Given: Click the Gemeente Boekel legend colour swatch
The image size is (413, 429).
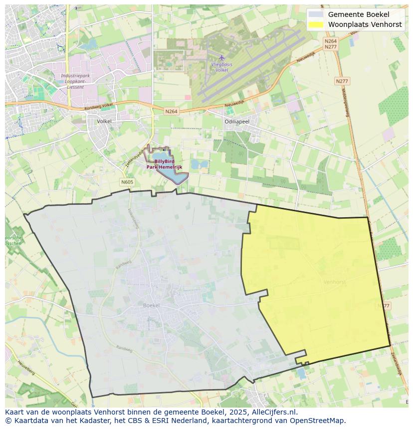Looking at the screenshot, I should (316, 14).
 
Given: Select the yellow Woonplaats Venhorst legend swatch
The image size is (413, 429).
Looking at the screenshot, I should (316, 24).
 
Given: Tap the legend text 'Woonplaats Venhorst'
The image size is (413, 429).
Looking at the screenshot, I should (365, 24).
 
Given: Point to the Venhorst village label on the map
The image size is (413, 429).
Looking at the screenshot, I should (334, 282).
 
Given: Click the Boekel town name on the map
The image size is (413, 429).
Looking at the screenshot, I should (151, 305).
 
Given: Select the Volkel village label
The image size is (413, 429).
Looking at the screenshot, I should (104, 121).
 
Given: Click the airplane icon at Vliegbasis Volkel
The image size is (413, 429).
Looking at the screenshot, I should (222, 57).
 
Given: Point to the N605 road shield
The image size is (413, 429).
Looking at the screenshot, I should (127, 182).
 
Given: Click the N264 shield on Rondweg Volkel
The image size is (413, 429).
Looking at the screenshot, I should (171, 112).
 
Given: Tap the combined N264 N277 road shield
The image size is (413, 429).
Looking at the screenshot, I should (330, 44).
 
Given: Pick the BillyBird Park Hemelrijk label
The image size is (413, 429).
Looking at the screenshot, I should (164, 164).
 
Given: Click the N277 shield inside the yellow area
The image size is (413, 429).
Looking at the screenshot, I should (384, 305).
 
